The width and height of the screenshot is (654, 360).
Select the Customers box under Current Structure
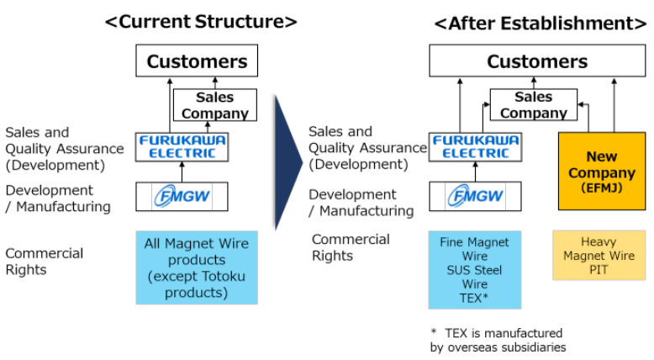coord(197,61)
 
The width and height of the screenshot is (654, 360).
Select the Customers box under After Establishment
coord(536,61)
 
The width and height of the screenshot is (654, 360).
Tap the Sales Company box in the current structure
coord(214,106)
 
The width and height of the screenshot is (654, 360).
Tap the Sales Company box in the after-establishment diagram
coord(533,105)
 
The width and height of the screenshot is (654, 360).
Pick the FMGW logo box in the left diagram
coord(182,197)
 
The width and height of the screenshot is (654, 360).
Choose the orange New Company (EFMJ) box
coord(601,171)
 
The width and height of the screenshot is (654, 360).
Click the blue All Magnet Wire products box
coord(197,267)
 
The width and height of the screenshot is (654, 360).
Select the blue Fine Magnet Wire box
coord(474,269)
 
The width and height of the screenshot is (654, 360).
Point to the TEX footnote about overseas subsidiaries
coord(498,340)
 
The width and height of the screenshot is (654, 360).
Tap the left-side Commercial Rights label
coord(45,261)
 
